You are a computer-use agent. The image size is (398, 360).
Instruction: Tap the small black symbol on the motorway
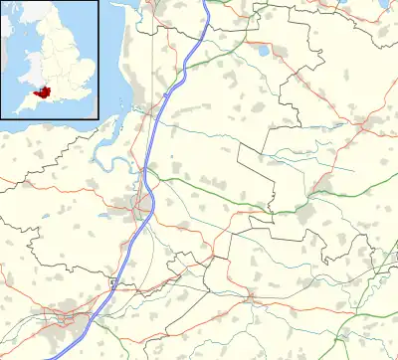112,284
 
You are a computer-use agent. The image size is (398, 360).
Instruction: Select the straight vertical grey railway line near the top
152,60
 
